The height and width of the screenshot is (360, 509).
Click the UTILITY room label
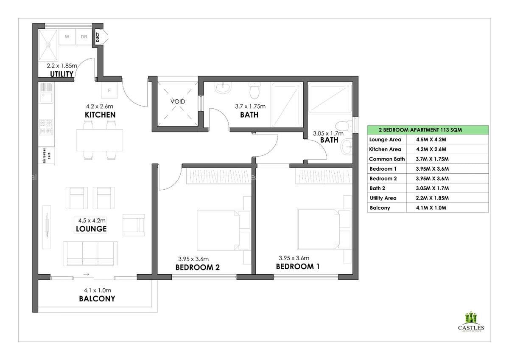click(x=62, y=74)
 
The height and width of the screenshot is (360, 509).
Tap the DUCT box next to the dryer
click(x=98, y=37)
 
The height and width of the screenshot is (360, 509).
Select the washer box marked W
click(x=67, y=37)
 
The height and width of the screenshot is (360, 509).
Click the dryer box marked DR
click(x=84, y=37)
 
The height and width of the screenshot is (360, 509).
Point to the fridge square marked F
click(x=110, y=90)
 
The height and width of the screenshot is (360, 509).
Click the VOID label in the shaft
click(x=178, y=102)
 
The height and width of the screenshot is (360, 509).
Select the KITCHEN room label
click(x=100, y=115)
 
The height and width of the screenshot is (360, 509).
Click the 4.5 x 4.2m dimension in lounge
click(x=91, y=220)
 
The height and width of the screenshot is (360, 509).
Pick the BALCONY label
click(x=97, y=298)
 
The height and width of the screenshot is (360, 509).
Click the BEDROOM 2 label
click(x=197, y=267)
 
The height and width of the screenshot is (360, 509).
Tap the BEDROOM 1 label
click(x=297, y=267)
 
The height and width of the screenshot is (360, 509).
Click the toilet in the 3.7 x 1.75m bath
click(x=255, y=90)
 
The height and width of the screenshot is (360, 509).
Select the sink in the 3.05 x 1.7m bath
click(x=347, y=147)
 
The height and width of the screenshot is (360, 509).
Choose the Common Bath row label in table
click(x=386, y=159)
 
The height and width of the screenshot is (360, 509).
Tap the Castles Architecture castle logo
click(x=471, y=318)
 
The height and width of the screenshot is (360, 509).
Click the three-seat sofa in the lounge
click(x=90, y=253)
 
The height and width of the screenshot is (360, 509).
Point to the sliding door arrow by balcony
click(x=86, y=275)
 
